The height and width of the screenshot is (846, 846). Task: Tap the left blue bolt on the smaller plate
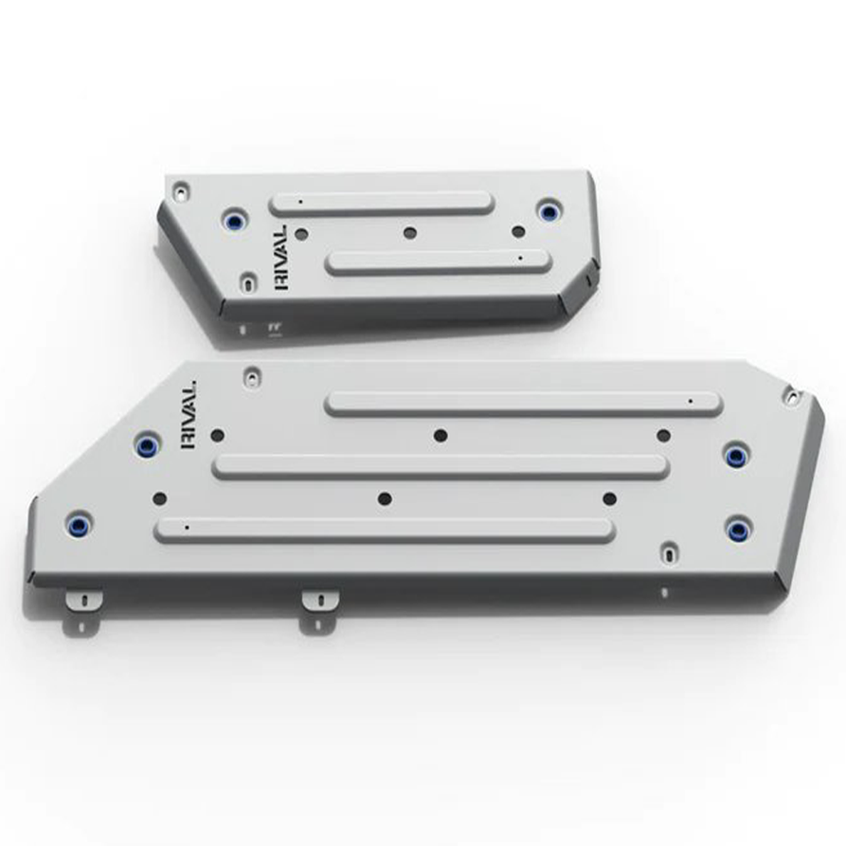233,221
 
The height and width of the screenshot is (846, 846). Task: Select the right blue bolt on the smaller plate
547,209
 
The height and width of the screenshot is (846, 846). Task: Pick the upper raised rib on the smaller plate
381,204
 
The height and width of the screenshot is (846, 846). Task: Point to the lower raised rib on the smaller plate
438,262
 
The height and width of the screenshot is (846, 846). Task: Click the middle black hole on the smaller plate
409,232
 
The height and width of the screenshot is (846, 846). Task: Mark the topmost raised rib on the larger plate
523,404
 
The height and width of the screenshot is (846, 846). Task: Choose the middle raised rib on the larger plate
441,466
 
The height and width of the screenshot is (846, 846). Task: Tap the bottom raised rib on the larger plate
385,530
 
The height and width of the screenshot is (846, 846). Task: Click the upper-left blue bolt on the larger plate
147,444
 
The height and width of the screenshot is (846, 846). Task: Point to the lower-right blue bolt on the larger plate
736,528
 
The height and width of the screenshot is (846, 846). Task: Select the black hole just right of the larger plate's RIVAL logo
217,435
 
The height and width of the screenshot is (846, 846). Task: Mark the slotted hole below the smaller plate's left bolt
247,281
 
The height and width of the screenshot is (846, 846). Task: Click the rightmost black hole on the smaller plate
517,231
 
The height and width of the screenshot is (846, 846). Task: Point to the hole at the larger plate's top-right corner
790,395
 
